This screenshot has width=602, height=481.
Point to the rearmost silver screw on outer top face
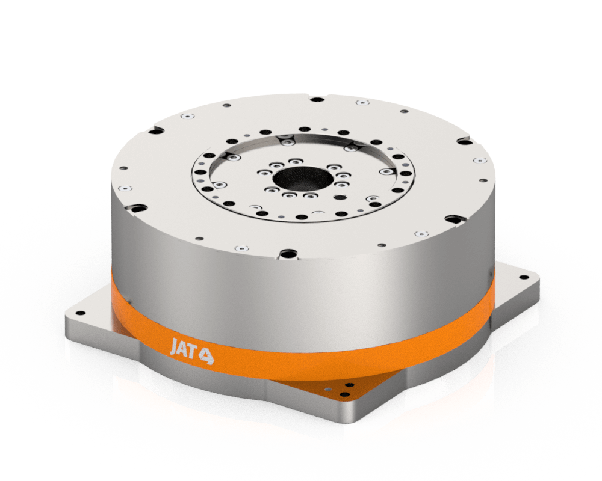360,103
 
